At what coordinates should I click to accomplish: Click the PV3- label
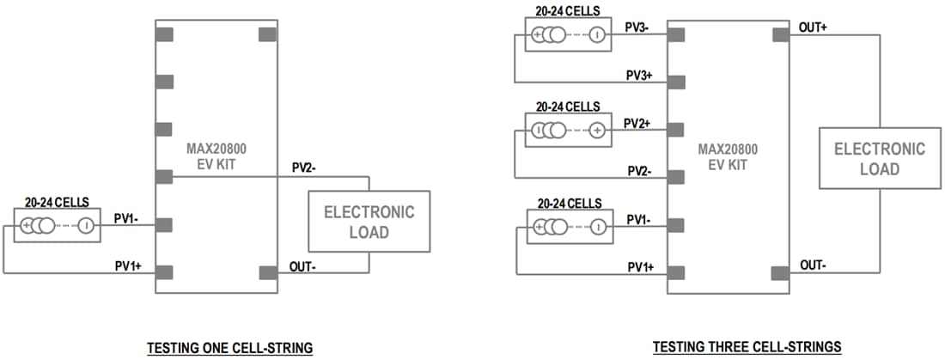(637, 27)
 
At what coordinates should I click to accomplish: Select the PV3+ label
(638, 76)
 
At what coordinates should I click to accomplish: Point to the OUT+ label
(813, 27)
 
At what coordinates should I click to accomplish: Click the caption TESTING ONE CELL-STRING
(229, 347)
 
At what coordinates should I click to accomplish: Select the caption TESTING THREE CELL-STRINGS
(747, 347)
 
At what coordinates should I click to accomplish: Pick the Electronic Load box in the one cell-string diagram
(369, 222)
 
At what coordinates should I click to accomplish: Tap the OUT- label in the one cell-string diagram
(302, 265)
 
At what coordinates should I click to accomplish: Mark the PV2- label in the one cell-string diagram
(302, 168)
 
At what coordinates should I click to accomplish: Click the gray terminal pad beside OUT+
(781, 34)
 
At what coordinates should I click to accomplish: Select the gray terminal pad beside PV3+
(676, 82)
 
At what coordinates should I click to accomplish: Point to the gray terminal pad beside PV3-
(676, 34)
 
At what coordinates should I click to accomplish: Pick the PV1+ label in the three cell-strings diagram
(640, 267)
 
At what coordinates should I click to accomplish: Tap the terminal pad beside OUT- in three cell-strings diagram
(781, 272)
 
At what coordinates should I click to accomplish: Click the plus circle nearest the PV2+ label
(597, 131)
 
